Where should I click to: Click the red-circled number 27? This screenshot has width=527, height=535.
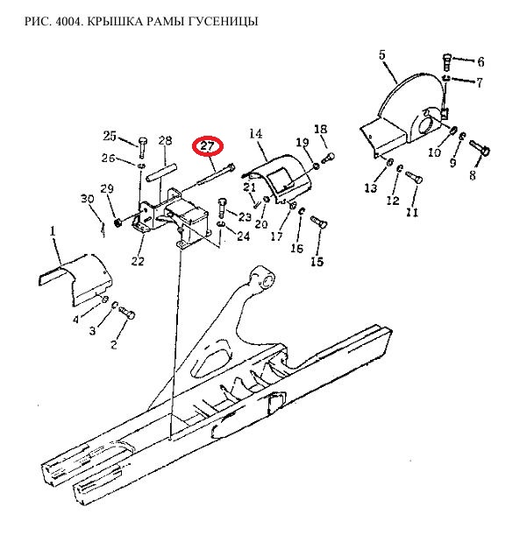tap(208, 147)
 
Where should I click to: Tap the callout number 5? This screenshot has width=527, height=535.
tap(382, 54)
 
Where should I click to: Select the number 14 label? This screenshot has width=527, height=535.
tap(256, 133)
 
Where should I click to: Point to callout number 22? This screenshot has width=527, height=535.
tap(138, 261)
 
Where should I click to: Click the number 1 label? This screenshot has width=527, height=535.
tap(53, 231)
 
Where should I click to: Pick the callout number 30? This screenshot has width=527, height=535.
tap(88, 199)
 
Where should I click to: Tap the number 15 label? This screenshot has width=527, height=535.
tap(317, 261)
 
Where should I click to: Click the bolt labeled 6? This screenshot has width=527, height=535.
tap(447, 62)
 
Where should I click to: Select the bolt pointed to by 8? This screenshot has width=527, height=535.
tap(481, 148)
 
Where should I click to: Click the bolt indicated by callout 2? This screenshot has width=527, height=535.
tap(127, 313)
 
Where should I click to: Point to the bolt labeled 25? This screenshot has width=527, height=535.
tap(143, 147)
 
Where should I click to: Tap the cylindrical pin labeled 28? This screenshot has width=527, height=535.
tap(161, 173)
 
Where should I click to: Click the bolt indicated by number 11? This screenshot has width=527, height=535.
tap(414, 177)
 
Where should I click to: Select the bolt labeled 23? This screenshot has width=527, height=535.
tap(221, 208)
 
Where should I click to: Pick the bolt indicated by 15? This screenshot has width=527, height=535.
tap(319, 222)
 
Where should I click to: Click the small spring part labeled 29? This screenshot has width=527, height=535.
tap(118, 224)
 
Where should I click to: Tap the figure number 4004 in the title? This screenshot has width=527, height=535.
tap(68, 22)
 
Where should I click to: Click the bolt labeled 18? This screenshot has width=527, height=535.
tap(328, 158)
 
